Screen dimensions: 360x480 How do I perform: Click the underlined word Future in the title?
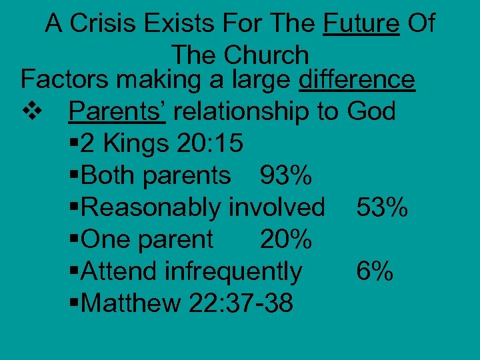click(361, 25)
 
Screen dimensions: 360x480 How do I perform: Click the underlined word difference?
click(357, 80)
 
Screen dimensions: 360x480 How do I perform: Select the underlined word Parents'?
click(117, 111)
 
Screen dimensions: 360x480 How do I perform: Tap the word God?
click(371, 111)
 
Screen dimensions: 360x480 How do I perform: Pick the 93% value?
click(285, 175)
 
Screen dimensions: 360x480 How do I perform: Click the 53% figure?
click(382, 207)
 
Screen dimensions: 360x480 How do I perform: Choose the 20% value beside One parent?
click(285, 239)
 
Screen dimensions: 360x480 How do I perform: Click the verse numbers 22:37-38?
click(241, 303)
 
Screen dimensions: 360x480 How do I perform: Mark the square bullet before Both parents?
click(73, 175)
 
